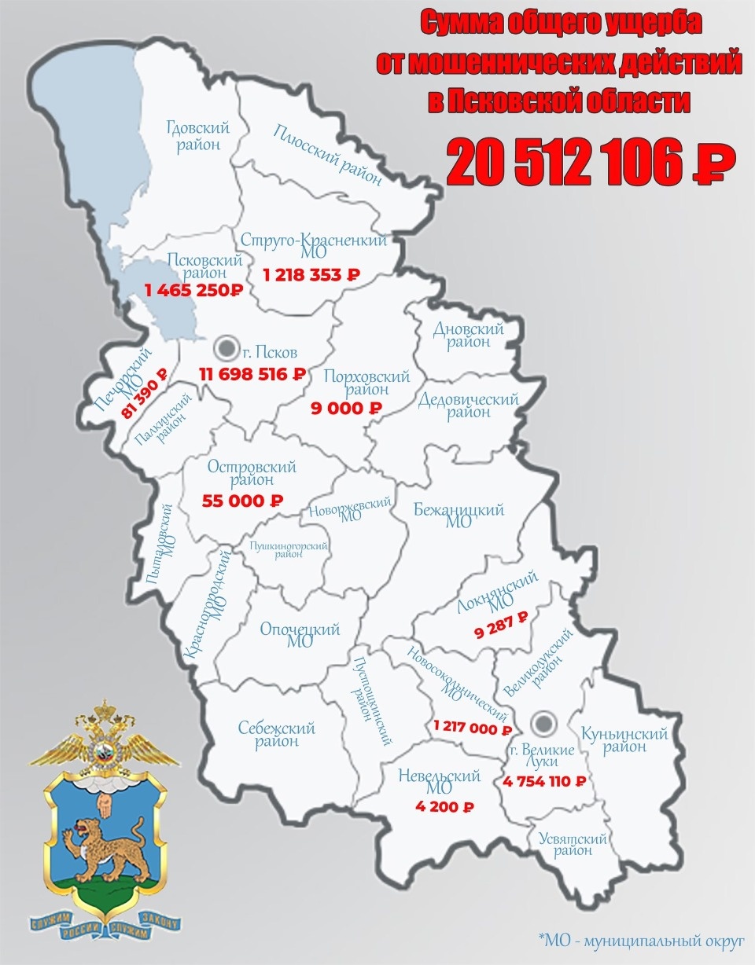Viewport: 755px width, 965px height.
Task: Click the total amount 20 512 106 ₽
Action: [591, 163]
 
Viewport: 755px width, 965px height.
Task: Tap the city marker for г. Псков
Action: [227, 346]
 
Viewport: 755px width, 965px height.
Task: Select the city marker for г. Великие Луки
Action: [540, 721]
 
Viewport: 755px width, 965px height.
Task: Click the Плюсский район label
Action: [328, 155]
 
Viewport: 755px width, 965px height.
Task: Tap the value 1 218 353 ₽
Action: [311, 275]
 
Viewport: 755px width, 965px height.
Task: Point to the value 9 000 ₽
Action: [346, 408]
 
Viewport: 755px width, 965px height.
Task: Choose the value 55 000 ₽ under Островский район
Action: [242, 500]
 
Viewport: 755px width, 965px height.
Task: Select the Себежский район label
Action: [277, 734]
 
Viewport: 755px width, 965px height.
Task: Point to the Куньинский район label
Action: [624, 740]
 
